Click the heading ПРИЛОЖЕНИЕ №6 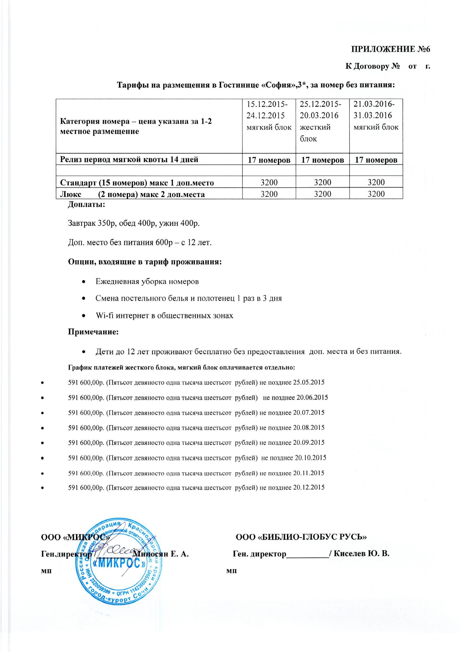(x=390, y=49)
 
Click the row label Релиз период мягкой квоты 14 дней (x=129, y=159)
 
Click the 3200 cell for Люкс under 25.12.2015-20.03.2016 (x=323, y=194)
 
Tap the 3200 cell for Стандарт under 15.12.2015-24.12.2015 (x=269, y=182)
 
